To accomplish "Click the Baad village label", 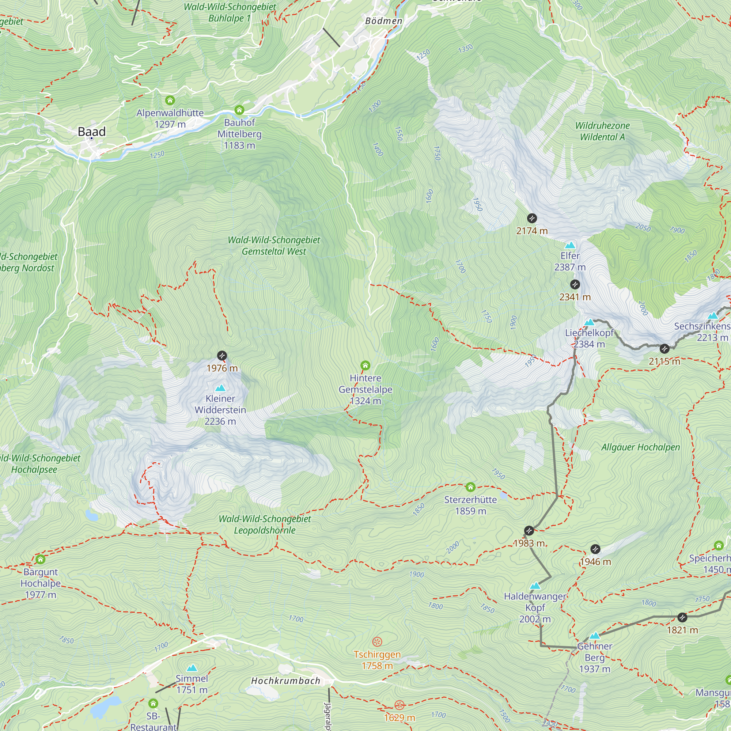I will click(92, 132).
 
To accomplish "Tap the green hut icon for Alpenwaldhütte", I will click(170, 100).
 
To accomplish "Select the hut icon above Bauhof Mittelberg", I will click(239, 110).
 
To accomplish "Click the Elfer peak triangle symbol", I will click(570, 246).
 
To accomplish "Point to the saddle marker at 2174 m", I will click(531, 218).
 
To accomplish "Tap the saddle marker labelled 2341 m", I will click(575, 284).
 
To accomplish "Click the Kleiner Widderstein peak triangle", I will click(220, 388).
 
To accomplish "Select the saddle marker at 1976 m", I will click(222, 356).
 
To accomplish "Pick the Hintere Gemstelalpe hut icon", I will click(365, 365).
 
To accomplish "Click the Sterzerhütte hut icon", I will click(470, 487).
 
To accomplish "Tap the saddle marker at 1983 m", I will click(529, 530).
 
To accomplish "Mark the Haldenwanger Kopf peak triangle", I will click(535, 586).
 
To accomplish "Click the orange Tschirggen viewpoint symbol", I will click(377, 641).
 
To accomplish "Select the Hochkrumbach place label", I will click(286, 681).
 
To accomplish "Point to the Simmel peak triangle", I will click(192, 668).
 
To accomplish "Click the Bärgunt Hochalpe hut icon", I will click(41, 559).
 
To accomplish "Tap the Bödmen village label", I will click(384, 21).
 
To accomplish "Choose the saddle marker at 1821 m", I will click(682, 617).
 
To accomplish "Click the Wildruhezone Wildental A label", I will click(602, 131).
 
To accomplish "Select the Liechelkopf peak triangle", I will click(589, 322).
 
